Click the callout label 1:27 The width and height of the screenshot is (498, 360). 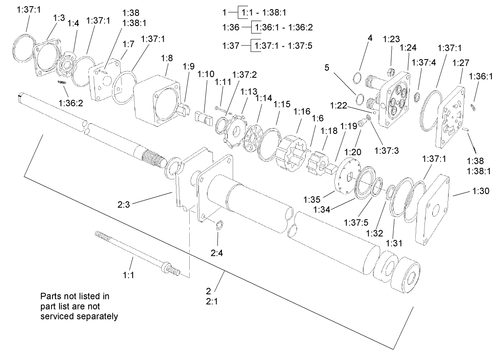click(460, 63)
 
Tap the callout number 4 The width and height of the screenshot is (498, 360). click(370, 38)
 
